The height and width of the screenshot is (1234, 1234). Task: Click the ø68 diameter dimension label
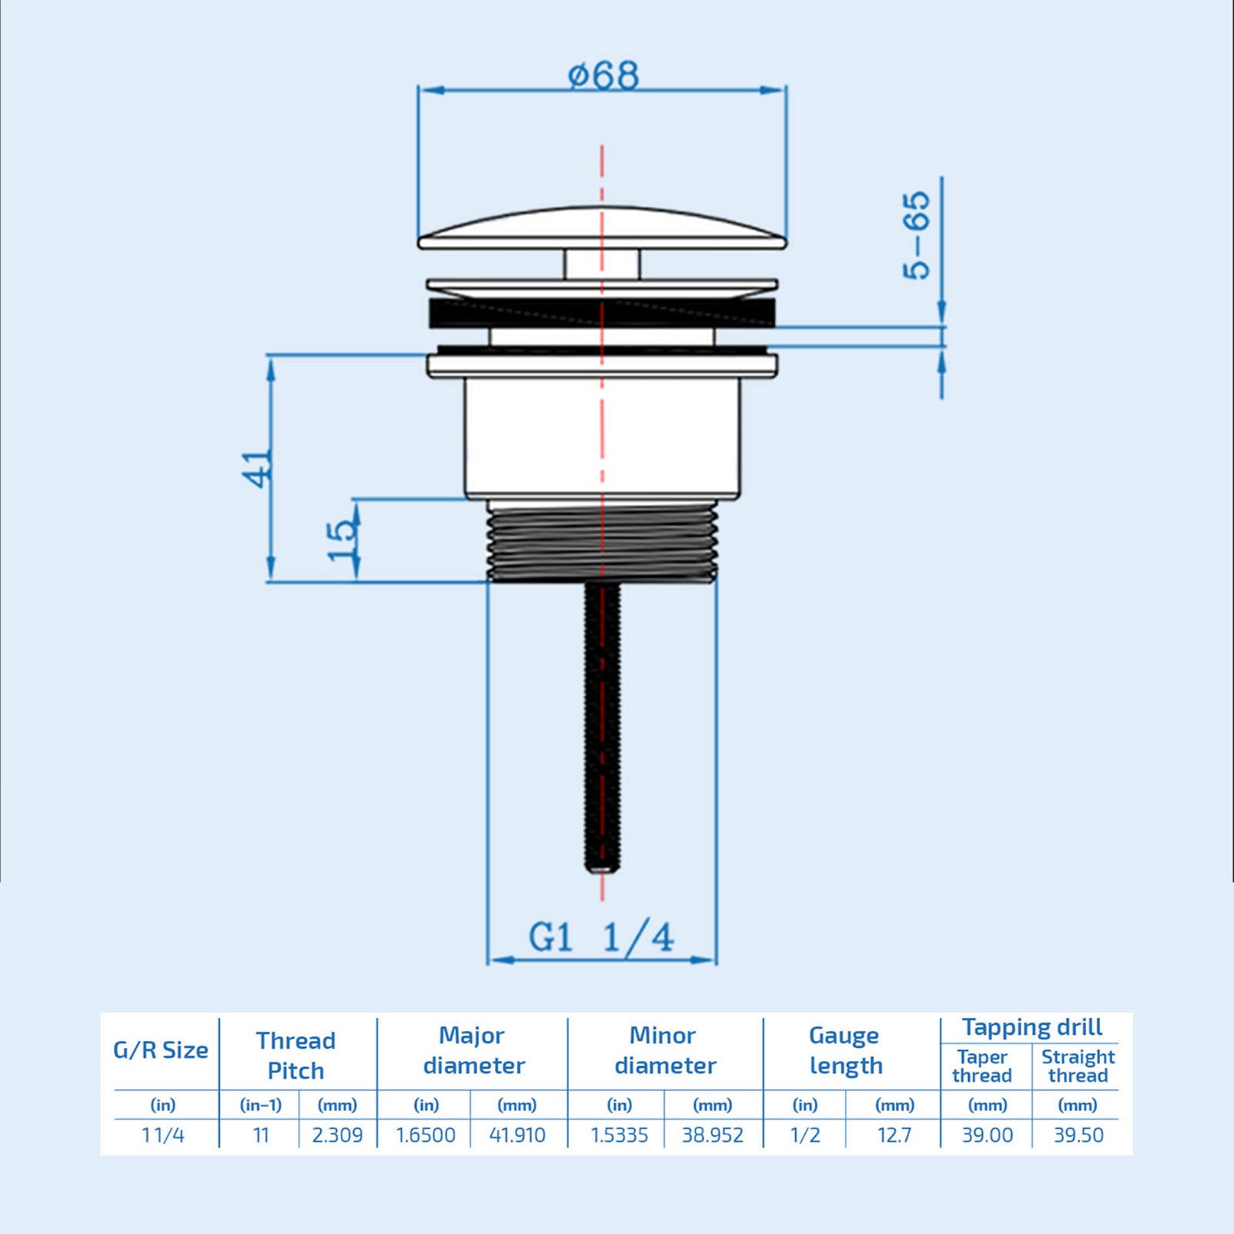pos(603,75)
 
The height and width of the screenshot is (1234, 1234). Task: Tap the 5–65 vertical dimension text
pos(916,235)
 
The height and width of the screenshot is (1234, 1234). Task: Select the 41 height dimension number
pos(257,468)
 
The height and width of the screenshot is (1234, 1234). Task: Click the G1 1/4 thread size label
pos(601,938)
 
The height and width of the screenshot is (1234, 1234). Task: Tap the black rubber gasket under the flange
pos(602,313)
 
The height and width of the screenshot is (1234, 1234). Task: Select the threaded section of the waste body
pos(602,544)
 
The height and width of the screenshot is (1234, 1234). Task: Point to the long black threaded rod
pos(603,728)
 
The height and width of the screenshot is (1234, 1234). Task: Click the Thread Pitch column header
pos(296,1055)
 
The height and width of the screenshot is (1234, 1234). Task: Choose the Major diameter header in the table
pos(473,1050)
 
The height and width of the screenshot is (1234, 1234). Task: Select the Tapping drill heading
pos(1032,1027)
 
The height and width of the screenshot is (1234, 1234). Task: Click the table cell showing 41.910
pos(517,1135)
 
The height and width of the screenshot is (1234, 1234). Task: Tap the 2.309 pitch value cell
pos(337,1135)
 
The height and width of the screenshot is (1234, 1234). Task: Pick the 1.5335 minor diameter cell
pos(619,1135)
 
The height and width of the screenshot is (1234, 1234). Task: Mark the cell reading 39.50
pos(1078,1135)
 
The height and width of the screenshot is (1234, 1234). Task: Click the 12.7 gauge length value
pos(894,1135)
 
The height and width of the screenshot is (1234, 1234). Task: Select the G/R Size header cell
pos(161,1050)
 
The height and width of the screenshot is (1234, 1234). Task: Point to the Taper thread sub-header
pos(982,1066)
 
